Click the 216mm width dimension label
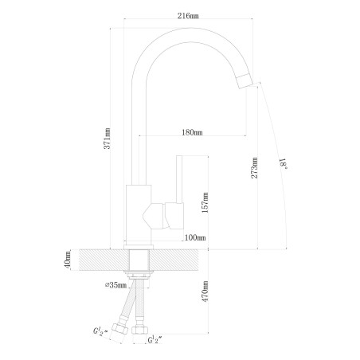188,16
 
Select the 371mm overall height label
107,139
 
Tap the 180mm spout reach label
192,132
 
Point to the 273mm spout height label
254,168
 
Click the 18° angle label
284,164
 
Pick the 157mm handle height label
205,202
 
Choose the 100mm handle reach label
195,237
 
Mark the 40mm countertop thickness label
67,260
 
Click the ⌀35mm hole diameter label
115,285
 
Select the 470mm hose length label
205,292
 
